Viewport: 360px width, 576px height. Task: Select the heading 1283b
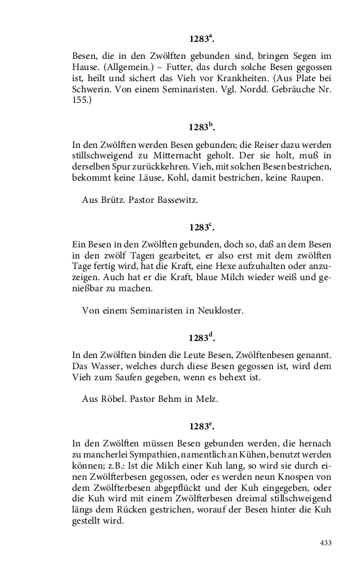coord(202,127)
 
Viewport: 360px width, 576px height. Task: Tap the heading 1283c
coord(202,227)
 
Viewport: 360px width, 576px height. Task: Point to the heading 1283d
coord(202,338)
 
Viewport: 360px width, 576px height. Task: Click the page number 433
coord(325,543)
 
